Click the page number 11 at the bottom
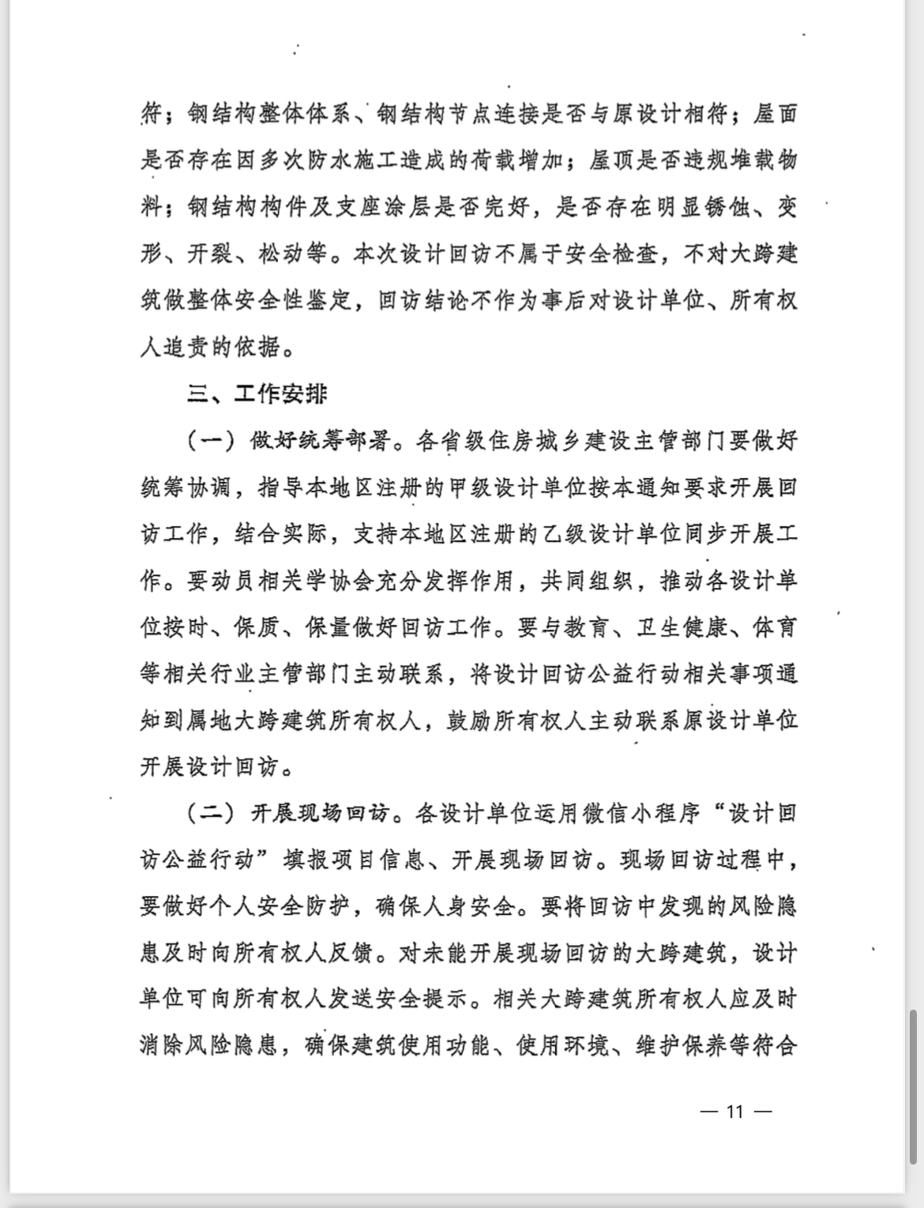click(x=735, y=1112)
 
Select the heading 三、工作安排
click(x=257, y=394)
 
